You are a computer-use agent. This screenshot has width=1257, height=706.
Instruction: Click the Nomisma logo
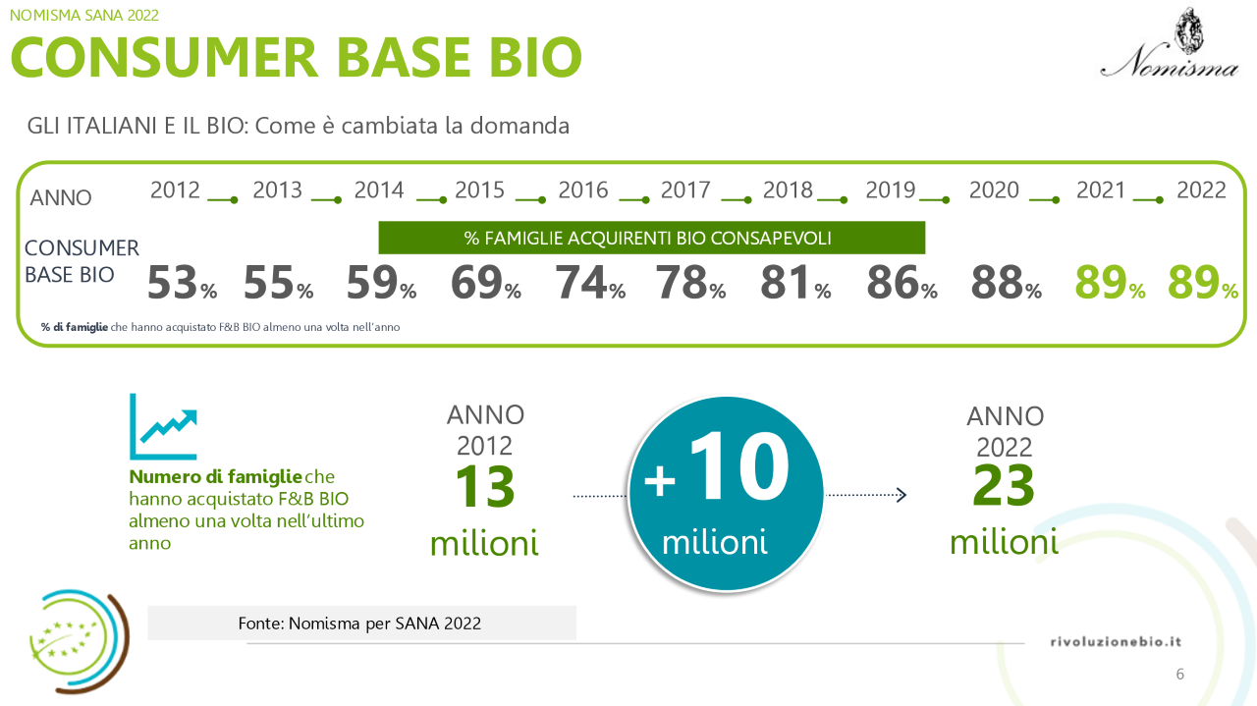click(1169, 44)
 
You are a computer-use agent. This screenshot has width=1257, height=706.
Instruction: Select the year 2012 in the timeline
click(175, 190)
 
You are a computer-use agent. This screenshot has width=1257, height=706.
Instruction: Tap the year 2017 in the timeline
click(684, 190)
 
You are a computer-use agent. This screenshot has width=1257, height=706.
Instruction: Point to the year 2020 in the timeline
click(994, 190)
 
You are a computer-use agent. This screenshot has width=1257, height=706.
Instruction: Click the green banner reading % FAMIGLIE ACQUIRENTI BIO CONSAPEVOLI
click(652, 238)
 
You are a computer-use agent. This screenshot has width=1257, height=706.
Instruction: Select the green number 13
click(484, 487)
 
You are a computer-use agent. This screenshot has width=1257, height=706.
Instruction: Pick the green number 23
click(1004, 485)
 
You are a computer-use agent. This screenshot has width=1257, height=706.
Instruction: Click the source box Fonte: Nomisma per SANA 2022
click(361, 624)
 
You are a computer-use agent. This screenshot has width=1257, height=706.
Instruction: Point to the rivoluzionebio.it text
click(1116, 641)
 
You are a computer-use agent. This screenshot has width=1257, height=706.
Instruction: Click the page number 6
click(1179, 674)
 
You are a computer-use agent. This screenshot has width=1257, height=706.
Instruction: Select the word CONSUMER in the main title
click(164, 57)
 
